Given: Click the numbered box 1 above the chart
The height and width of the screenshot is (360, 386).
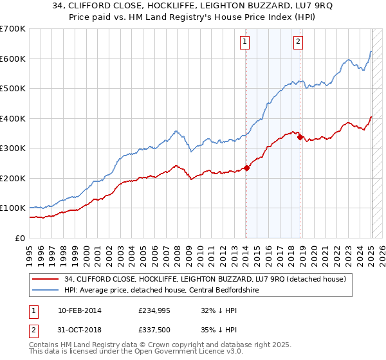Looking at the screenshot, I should click(x=246, y=43).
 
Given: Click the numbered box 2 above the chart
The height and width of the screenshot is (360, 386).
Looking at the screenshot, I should click(x=299, y=43).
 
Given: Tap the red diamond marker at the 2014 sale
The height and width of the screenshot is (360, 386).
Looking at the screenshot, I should click(x=246, y=168).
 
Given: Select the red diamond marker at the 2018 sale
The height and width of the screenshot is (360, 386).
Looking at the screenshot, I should click(x=300, y=138).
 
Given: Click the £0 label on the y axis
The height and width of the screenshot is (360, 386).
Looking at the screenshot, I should click(x=19, y=238).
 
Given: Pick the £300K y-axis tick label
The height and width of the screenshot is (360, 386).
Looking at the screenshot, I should click(x=13, y=148).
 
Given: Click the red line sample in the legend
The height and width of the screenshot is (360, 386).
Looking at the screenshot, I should click(x=46, y=279).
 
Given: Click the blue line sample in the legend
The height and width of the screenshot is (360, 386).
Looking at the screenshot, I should click(x=46, y=290).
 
